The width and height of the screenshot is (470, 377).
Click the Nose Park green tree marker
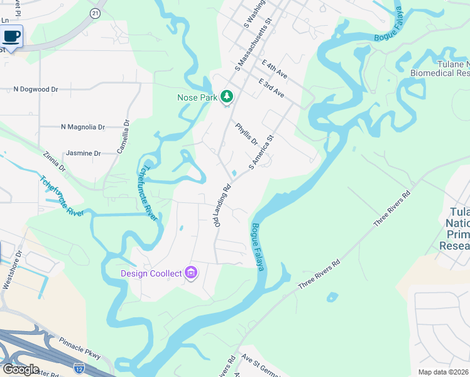pos(226,97)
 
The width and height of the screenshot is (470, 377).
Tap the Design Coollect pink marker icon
pos(192,273)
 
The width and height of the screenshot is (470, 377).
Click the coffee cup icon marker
pos(11,36)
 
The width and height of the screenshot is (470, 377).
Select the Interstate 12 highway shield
pos(79,367)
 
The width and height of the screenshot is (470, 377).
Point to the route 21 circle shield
pos(95,13)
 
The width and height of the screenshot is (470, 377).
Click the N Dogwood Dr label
pos(36,89)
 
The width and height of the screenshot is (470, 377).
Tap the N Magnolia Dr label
pos(82,127)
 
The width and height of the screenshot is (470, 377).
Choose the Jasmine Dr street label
pos(83,153)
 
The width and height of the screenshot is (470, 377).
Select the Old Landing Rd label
pos(222,204)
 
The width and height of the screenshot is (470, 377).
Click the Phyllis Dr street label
pos(247,134)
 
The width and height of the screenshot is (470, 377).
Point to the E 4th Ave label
pos(275,69)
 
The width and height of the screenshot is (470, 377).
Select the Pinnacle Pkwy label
pos(80,349)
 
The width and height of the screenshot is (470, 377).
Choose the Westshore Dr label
pos(13,270)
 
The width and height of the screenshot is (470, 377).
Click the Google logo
pos(21,369)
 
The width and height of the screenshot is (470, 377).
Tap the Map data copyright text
pos(444,372)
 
